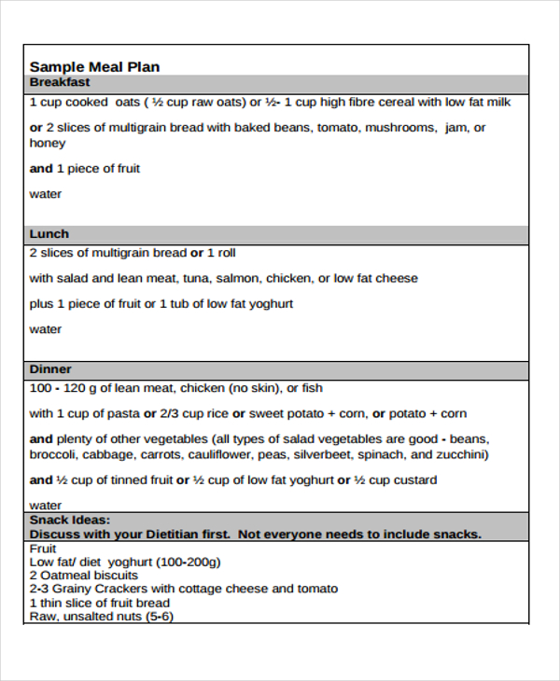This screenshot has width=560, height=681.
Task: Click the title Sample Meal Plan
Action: [x=94, y=66]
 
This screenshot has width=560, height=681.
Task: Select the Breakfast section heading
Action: [x=60, y=82]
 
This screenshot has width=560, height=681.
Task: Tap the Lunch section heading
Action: [x=49, y=234]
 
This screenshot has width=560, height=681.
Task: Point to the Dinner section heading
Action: [x=50, y=369]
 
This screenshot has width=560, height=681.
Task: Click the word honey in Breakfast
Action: [x=48, y=144]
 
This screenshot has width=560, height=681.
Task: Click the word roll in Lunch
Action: [x=227, y=253]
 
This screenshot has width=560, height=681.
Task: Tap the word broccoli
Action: [x=53, y=455]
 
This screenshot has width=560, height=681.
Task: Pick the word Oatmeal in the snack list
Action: [x=64, y=576]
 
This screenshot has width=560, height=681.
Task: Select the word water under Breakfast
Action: [x=46, y=194]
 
